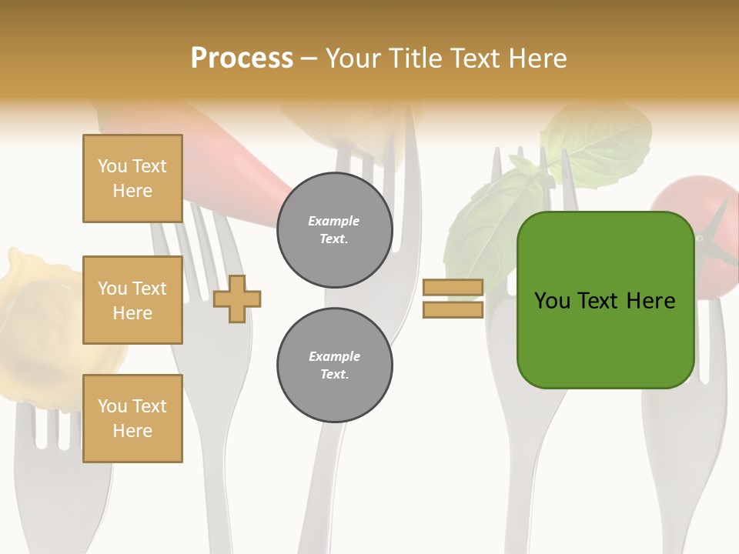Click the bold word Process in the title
coord(242,58)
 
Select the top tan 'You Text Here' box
coord(132,179)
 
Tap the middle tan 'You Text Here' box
coord(132,300)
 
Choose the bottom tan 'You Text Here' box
coord(132,419)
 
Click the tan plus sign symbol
coord(236,299)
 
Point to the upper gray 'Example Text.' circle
coord(334,230)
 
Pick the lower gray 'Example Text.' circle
coord(334,365)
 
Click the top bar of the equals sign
coord(453,287)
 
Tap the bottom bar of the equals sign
coord(453,309)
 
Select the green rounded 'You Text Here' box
coord(605,300)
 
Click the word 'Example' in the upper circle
coord(334,221)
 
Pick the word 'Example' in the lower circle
coord(334,356)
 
